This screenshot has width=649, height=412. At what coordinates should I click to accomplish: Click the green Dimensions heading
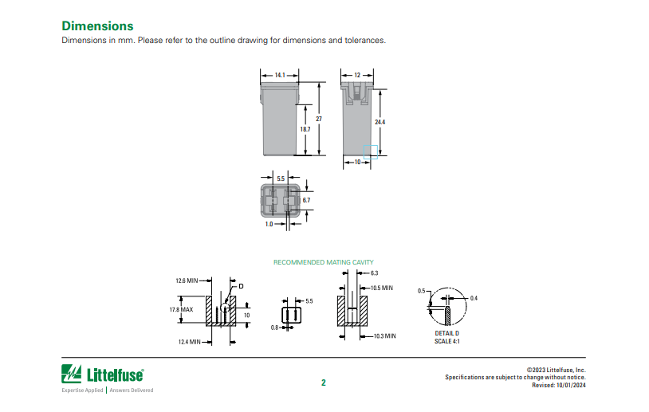coord(97,26)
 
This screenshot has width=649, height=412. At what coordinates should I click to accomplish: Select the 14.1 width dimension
coord(280,75)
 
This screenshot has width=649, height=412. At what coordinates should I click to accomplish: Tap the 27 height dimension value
coord(318,119)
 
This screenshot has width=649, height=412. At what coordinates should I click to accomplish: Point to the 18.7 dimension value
coord(305,129)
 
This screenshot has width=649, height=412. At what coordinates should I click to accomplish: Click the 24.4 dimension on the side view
coord(380,122)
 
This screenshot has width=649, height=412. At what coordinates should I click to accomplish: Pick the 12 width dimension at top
coord(358,75)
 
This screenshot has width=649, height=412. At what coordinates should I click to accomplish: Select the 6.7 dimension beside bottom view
coord(306,200)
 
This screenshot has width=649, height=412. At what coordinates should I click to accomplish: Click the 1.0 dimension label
coord(269,225)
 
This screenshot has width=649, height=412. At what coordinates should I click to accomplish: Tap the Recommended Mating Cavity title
coord(323,262)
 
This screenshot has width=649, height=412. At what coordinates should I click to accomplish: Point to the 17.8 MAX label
coord(181,309)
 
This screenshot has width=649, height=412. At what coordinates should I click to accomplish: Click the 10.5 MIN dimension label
coord(382,288)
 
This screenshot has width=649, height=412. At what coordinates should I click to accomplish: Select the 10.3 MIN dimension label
coord(384,336)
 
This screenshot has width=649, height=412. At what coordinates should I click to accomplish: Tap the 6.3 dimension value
coord(374,273)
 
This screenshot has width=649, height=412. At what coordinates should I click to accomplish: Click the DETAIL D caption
coord(446,333)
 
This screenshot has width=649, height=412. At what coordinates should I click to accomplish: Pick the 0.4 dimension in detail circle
coord(474,298)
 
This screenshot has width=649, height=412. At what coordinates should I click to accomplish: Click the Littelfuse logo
coord(103,373)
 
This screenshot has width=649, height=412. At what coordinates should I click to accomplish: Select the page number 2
coord(324,383)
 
